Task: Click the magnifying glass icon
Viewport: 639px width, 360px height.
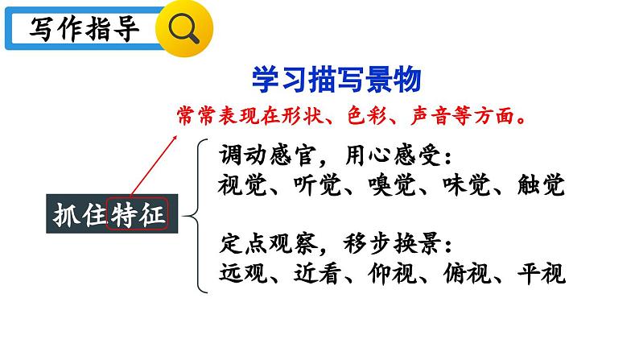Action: [188, 31]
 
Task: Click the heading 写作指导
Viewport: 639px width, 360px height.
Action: [84, 30]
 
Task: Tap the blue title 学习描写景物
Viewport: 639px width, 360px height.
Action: [336, 81]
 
